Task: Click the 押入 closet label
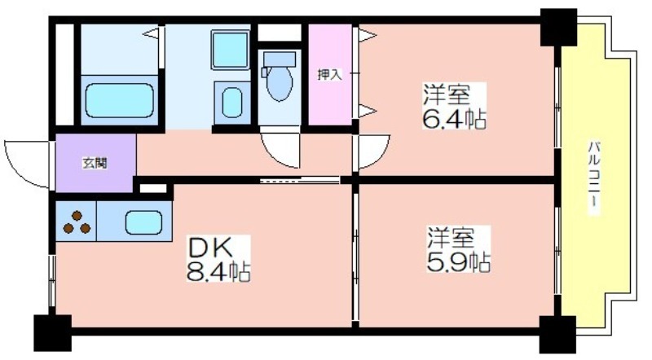click(x=329, y=75)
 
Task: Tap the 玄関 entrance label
click(x=95, y=164)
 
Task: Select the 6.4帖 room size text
click(x=454, y=120)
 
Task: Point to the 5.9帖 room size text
click(x=459, y=262)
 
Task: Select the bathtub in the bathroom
click(x=119, y=100)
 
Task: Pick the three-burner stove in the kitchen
click(x=76, y=222)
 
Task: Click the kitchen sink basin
click(x=143, y=222)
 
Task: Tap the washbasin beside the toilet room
click(x=232, y=103)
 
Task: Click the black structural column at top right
click(x=558, y=27)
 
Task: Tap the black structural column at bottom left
click(x=52, y=332)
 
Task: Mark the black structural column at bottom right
click(x=557, y=334)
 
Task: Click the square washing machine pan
click(x=230, y=50)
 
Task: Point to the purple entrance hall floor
click(x=95, y=163)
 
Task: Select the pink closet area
click(x=330, y=74)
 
